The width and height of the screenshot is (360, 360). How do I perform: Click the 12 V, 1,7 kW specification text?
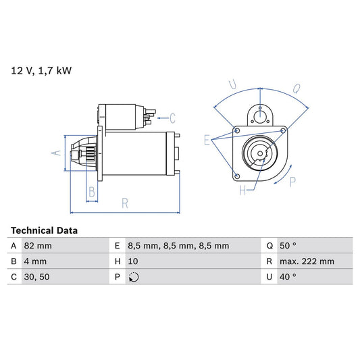41,70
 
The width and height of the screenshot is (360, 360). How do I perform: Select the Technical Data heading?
44,230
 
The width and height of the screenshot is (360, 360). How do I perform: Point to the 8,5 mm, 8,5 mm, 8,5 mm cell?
178,246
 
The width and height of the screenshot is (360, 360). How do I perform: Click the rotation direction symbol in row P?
133,278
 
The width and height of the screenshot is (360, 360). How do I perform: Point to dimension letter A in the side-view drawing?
57,153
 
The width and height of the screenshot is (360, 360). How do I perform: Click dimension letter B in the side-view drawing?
92,192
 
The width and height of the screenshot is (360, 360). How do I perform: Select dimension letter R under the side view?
125,201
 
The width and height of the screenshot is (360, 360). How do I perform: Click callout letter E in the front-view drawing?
207,140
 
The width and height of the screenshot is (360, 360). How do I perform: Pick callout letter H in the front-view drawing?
242,190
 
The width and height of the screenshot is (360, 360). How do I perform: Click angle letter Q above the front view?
297,87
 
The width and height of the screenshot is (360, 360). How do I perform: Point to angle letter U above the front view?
232,85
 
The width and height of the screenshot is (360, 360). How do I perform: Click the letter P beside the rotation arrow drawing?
292,181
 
